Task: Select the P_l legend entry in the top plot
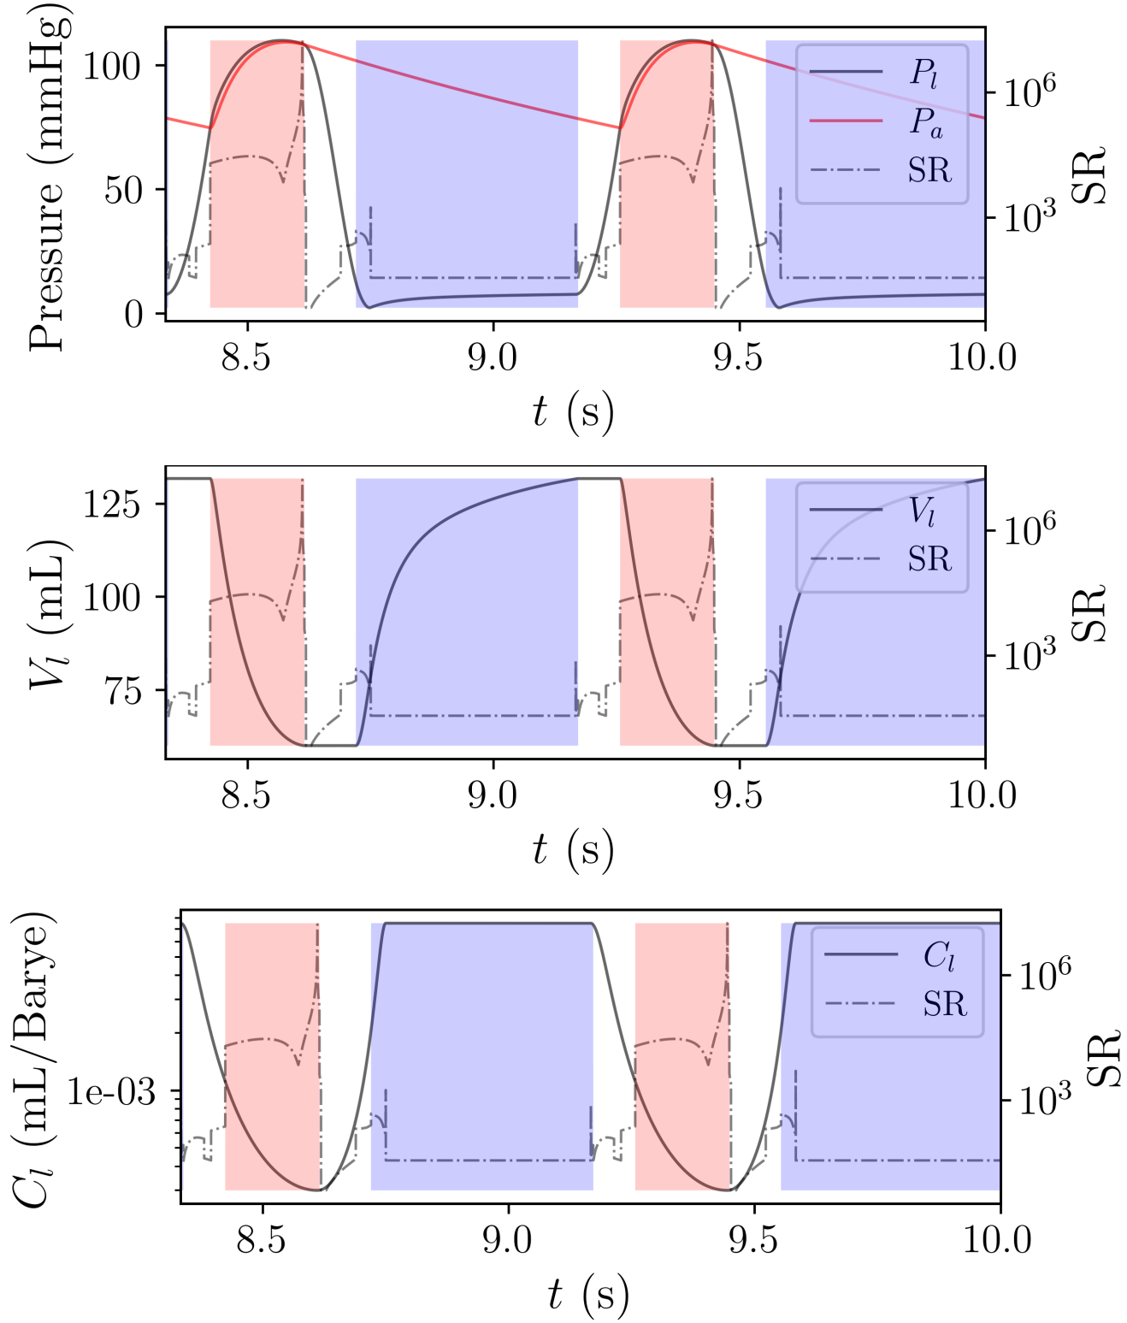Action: tap(923, 74)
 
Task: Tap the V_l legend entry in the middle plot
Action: tap(922, 511)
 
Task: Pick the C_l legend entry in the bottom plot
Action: tap(938, 955)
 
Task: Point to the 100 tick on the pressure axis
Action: tap(111, 66)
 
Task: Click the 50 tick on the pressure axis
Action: tap(123, 190)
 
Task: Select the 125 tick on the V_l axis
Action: tap(111, 504)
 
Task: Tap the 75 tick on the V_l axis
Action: tap(123, 691)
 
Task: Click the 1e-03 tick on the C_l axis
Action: tap(111, 1092)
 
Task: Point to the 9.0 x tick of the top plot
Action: tap(493, 357)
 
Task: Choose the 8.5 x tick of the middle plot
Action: tap(246, 795)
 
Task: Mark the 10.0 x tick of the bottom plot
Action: tap(997, 1240)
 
